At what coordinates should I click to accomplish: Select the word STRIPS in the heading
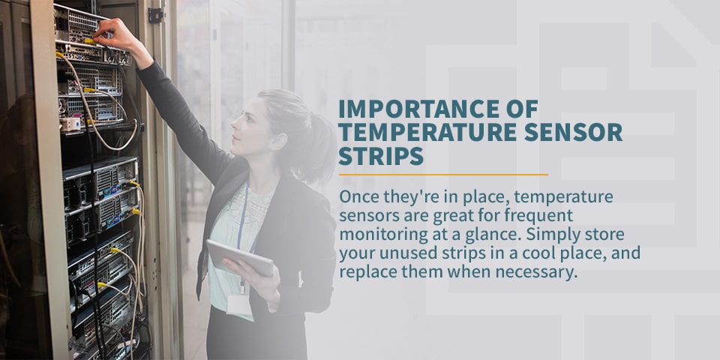point(381,156)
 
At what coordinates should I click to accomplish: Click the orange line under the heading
point(443,175)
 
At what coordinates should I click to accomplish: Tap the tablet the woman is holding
point(241,257)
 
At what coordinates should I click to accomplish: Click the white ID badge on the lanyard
point(240,304)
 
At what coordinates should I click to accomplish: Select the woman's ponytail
point(316,147)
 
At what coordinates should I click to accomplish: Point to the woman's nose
point(234,122)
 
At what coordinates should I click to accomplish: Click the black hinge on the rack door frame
point(156,15)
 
